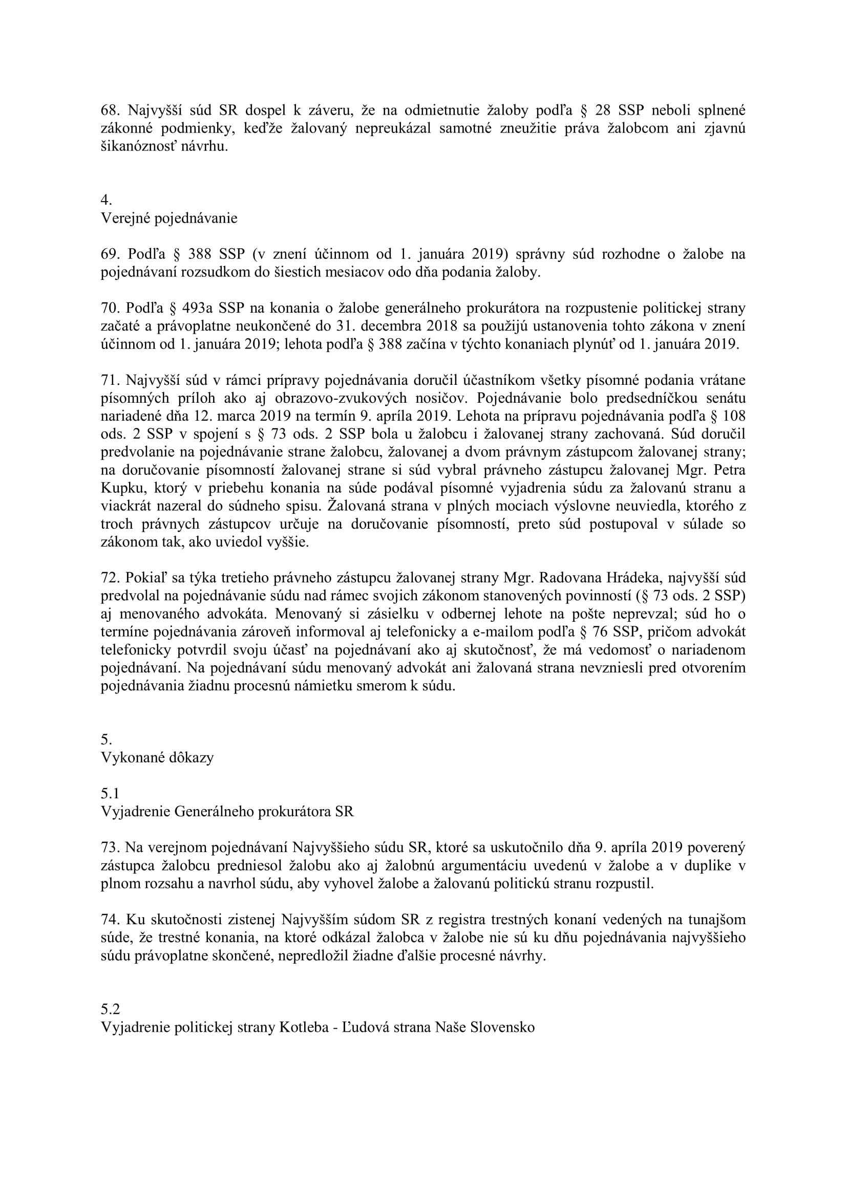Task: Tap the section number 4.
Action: tap(106, 200)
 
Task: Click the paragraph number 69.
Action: tap(110, 254)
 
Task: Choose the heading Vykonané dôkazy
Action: tap(157, 757)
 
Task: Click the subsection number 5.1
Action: tap(110, 793)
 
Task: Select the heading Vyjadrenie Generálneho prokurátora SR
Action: tap(227, 811)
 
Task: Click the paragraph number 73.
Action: tap(110, 847)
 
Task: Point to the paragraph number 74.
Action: tap(110, 920)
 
